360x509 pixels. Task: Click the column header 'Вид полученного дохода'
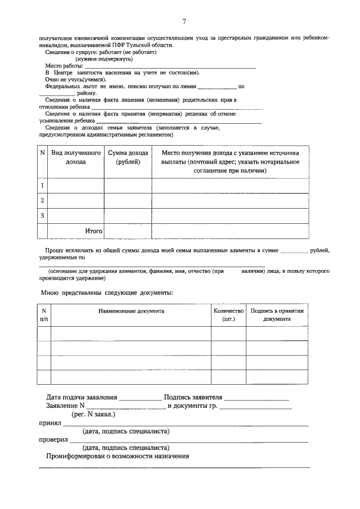click(76, 157)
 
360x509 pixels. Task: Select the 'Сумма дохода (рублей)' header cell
click(128, 157)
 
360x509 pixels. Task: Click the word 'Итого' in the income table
click(93, 231)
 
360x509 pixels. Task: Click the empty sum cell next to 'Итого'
click(128, 231)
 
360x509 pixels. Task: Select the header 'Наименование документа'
click(131, 310)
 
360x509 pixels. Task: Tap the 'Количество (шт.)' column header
click(228, 314)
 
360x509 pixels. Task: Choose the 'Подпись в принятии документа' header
click(277, 314)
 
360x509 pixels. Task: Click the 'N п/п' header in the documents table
click(44, 314)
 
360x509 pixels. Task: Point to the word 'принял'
click(49, 423)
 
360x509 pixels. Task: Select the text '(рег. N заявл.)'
click(93, 414)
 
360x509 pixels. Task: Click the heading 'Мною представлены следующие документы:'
click(107, 293)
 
